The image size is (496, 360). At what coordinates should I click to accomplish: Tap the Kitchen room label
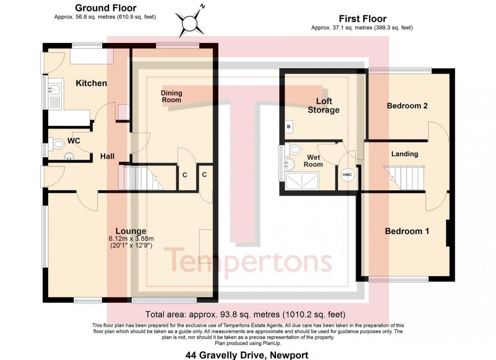tap(91, 83)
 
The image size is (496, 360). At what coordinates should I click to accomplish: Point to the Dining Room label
tap(172, 97)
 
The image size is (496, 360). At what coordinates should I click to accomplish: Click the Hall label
tap(107, 156)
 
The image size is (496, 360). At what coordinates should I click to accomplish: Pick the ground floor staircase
tap(142, 178)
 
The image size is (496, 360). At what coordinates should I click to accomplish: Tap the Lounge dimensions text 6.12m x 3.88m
tap(131, 239)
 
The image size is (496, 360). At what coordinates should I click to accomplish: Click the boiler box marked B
tap(288, 127)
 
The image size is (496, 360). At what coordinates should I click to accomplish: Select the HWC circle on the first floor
tap(347, 175)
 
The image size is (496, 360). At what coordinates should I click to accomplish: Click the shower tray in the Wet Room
tap(302, 181)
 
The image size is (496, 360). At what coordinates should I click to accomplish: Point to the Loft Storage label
tap(323, 106)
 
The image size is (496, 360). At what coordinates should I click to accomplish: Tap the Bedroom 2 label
tap(407, 106)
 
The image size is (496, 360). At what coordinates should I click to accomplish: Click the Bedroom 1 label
tap(407, 231)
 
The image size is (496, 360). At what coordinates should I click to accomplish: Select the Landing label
tap(404, 154)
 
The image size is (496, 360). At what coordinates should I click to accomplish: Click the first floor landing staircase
tap(405, 178)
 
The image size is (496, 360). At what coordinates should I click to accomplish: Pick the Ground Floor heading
tap(106, 8)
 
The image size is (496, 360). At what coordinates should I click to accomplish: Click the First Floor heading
tap(362, 19)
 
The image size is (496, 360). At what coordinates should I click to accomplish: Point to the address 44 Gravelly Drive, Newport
tap(247, 355)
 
